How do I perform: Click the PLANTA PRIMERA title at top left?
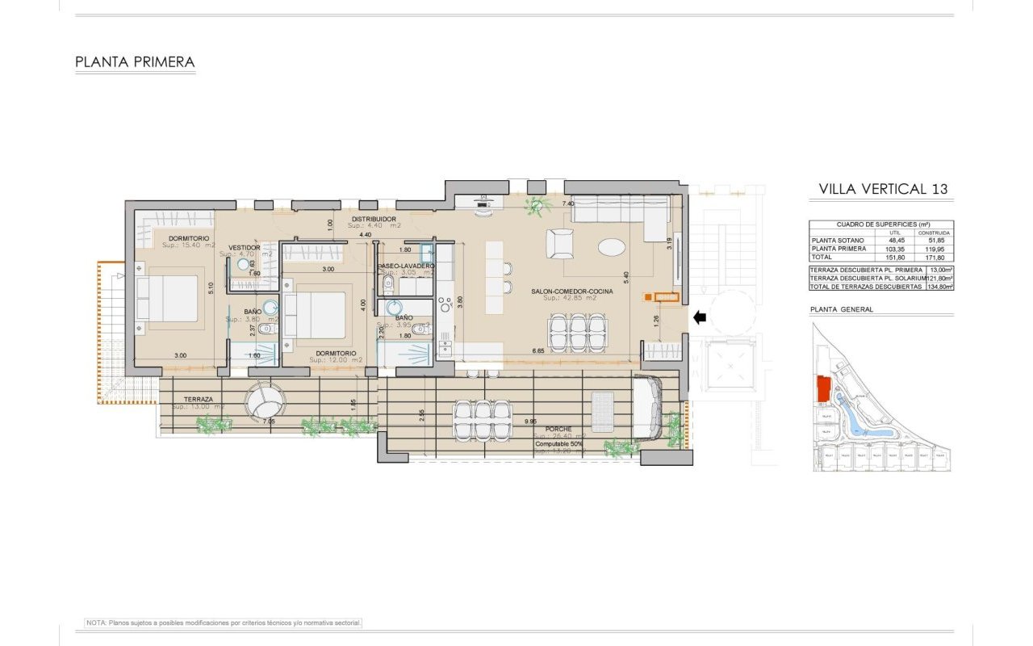135,61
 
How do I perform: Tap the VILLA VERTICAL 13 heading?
883,189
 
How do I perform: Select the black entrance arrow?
700,317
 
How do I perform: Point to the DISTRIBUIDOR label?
374,219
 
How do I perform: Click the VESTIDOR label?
245,248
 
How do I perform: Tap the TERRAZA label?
198,399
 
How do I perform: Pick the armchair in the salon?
561,243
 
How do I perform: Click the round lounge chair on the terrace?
266,399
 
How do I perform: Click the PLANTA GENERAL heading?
841,309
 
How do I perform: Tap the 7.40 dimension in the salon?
568,204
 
